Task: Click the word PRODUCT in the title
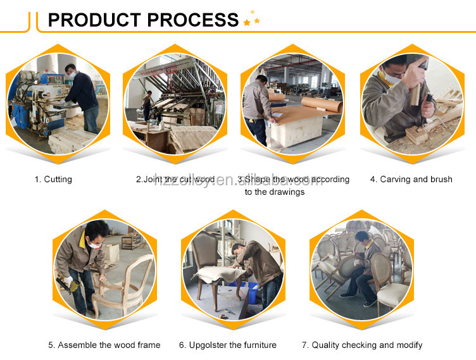94,20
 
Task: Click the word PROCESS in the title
193,20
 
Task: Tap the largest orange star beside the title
247,23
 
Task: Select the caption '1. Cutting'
53,180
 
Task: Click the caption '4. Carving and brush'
411,180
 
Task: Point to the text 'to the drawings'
275,192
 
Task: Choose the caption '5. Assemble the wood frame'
104,345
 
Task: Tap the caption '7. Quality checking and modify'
362,345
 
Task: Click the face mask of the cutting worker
73,75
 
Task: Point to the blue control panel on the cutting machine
52,79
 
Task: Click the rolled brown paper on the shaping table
322,105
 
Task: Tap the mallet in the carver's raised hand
417,82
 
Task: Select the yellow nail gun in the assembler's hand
68,284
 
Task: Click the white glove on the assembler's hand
68,281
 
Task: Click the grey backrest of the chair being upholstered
204,249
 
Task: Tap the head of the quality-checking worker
362,238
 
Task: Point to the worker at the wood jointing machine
147,105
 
